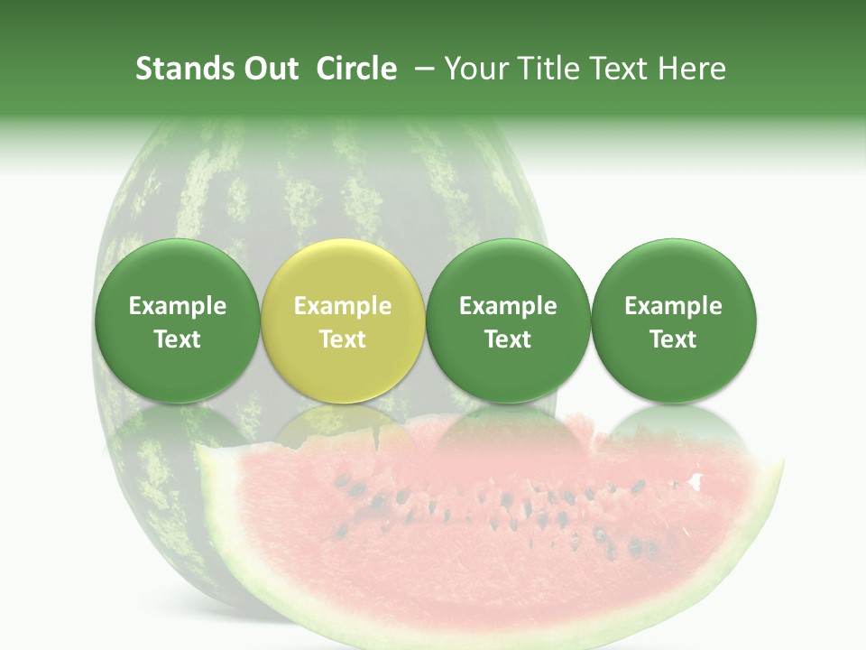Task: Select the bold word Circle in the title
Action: (x=356, y=69)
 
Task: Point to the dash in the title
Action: (x=422, y=70)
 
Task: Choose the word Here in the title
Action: (x=692, y=69)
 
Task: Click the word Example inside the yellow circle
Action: (x=342, y=306)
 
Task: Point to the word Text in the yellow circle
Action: (x=342, y=339)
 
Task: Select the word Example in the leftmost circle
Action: (x=177, y=306)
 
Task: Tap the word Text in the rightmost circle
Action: (x=673, y=339)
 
